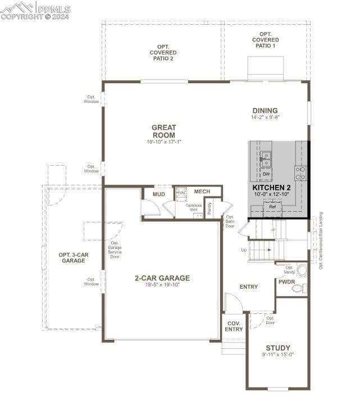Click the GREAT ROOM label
(x=163, y=131)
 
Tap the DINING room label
(x=265, y=111)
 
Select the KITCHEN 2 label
(x=271, y=188)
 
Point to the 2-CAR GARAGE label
(x=162, y=278)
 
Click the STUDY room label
(x=278, y=348)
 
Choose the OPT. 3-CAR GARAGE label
(x=74, y=258)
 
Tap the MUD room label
(x=159, y=195)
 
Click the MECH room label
(x=202, y=192)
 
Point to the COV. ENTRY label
(x=234, y=326)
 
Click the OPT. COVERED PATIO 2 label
(x=163, y=53)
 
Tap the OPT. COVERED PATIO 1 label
(x=266, y=40)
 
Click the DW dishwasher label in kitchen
(x=266, y=174)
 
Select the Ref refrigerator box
(x=273, y=207)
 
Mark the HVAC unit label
(x=181, y=193)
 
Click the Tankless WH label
(x=193, y=208)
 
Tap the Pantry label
(x=209, y=208)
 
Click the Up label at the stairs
(x=243, y=250)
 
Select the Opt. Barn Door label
(x=230, y=221)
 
